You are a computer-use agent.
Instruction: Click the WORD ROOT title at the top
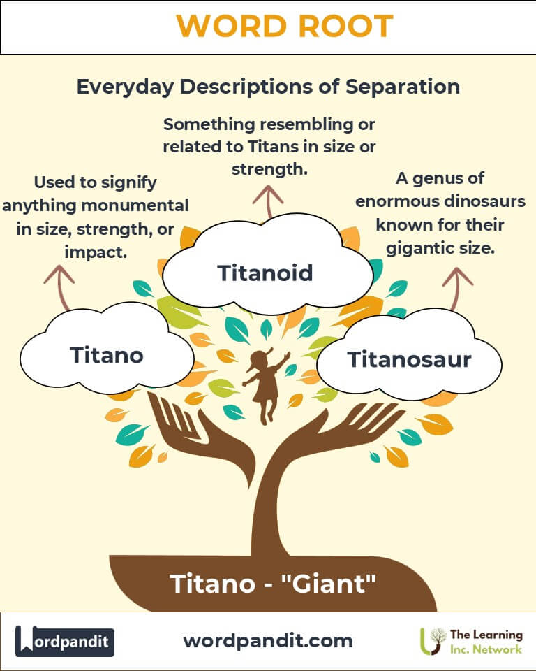coord(285,26)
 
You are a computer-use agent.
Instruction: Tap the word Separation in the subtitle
coord(403,87)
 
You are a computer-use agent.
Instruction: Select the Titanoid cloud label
coord(265,273)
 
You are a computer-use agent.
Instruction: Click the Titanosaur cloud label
coord(409,359)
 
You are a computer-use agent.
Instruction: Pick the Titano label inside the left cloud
coord(106,355)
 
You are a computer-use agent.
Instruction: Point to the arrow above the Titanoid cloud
coord(268,202)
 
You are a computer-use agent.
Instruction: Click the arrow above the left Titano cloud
coord(60,287)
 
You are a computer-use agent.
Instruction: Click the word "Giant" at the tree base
coord(329,583)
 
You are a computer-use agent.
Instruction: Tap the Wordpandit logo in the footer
coord(64,641)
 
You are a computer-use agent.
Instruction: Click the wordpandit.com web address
coord(268,641)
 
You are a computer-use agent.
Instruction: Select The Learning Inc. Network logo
coord(471,641)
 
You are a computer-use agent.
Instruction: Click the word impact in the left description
coord(95,252)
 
